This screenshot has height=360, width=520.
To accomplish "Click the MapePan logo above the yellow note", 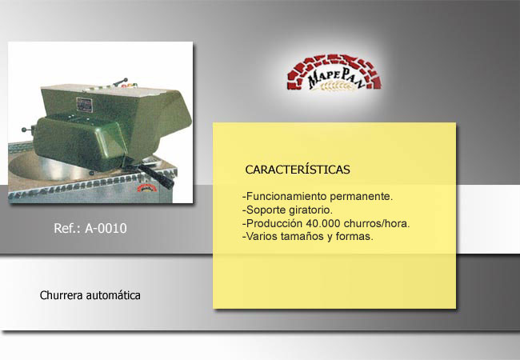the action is pos(334,73).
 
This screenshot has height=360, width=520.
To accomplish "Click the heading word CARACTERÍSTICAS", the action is pos(298,170).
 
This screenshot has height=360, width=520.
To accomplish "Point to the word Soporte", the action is pos(266,210).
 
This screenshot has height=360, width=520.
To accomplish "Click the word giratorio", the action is pos(310,210).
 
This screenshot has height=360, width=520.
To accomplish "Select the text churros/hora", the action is pos(377,223).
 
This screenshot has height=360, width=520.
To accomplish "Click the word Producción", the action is pos(274,223).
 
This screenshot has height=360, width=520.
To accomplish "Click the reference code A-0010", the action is pos(106,228).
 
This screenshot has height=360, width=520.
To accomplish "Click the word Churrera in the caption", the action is pos(61,295).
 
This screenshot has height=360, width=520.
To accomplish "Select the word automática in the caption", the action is pos(113,295).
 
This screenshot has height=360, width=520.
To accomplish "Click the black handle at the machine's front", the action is pos(155,175).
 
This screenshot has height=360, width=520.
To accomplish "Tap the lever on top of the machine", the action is pos(120,82).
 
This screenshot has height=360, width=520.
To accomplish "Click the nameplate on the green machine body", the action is pos(84,105).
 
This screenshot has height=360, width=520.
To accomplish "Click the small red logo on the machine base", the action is pos(147,188).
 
